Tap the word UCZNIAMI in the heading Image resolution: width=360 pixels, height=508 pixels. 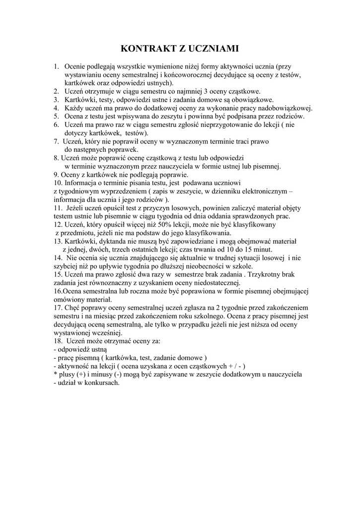(215, 49)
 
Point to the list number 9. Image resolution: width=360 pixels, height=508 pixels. (56, 175)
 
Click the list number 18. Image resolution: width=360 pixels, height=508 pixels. (58, 341)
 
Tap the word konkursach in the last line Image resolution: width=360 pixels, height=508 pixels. (102, 383)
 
